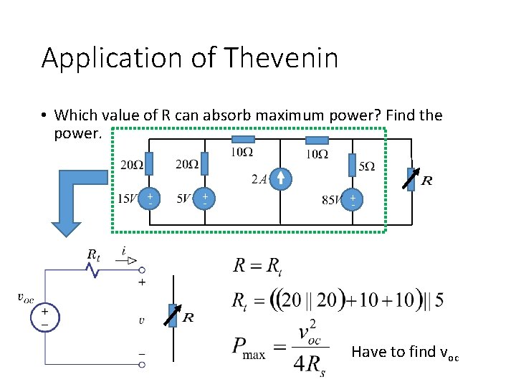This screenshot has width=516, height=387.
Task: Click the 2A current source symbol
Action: point(282,180)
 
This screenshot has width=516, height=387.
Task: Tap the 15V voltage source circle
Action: point(150,199)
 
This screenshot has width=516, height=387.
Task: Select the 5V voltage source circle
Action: point(204,199)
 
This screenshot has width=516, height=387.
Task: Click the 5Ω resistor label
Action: point(367,166)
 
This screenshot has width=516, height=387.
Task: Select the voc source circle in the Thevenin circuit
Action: point(45,317)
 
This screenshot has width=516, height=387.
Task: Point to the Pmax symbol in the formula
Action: point(249,349)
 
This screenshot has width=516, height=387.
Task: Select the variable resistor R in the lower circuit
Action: point(172,315)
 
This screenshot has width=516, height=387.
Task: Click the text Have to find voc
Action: point(405,352)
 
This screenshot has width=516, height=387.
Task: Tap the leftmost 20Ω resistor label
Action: point(130,165)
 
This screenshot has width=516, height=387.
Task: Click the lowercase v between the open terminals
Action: point(141,320)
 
